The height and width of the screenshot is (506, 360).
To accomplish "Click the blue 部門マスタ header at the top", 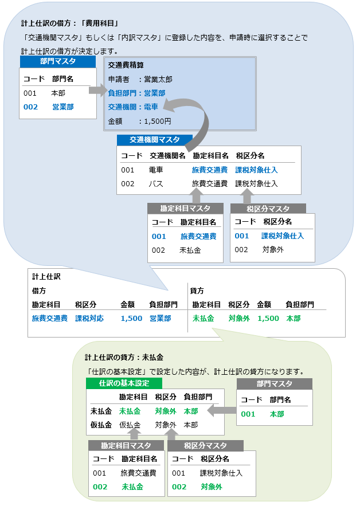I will [58, 61].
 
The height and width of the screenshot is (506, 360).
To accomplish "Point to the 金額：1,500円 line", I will [139, 121].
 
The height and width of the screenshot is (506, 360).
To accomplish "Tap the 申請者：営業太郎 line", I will [140, 79].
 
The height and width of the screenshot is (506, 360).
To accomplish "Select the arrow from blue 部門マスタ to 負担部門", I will [97, 90].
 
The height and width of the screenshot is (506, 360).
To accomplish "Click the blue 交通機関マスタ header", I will [154, 140].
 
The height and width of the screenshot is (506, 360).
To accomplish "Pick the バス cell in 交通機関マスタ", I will [156, 184].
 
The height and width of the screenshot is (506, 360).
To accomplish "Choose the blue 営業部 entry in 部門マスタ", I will [62, 107].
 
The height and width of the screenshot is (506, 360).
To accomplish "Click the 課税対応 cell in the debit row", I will [89, 318].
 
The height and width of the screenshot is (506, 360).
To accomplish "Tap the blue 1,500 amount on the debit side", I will [131, 318].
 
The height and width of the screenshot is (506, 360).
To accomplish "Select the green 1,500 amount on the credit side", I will [268, 318].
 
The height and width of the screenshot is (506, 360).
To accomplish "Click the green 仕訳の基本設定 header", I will [124, 383].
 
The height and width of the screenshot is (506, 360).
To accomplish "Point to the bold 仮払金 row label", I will [101, 425].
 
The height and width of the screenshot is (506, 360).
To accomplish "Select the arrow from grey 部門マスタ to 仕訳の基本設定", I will [221, 410].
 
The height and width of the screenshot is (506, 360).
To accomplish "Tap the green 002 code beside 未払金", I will [100, 487].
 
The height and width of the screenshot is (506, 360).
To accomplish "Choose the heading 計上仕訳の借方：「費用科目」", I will [69, 23].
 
